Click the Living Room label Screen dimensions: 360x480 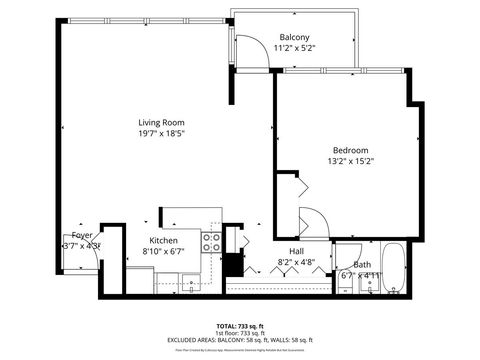[x=162, y=123]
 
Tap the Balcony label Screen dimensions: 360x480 [x=294, y=37]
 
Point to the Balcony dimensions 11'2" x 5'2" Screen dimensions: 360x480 [x=294, y=47]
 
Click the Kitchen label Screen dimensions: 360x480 [x=164, y=241]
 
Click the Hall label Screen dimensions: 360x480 [x=297, y=251]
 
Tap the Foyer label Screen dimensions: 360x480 [x=82, y=235]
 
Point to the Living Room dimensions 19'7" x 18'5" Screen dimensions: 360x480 [x=162, y=133]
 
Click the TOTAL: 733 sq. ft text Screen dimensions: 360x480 [x=240, y=326]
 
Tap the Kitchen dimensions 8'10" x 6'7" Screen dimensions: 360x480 [x=164, y=252]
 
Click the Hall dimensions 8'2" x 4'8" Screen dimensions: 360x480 [x=297, y=262]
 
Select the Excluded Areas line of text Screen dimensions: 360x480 [x=240, y=340]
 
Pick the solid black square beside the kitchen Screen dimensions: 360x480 [x=235, y=266]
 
